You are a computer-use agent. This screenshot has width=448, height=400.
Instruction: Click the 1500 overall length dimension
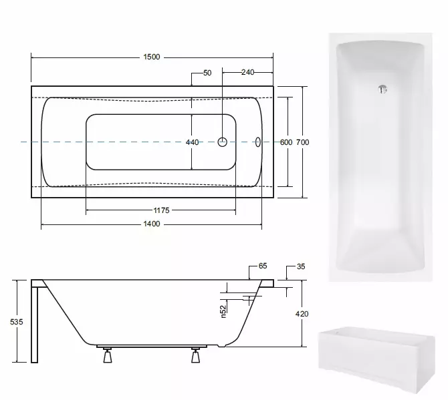[151, 57]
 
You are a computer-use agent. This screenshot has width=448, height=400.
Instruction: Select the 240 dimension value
[247, 72]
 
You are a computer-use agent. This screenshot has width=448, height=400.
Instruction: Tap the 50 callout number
[207, 73]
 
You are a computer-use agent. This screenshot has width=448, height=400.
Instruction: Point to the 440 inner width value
[193, 142]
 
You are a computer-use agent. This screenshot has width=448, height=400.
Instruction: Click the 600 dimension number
[286, 142]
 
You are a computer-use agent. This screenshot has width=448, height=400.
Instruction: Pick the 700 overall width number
[302, 142]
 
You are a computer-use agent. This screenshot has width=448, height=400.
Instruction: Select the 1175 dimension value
[161, 210]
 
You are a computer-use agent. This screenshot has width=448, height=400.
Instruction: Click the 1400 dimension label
[151, 224]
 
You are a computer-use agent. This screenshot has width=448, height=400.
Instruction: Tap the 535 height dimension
[16, 322]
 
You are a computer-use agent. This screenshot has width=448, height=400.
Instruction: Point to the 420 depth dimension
[302, 314]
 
